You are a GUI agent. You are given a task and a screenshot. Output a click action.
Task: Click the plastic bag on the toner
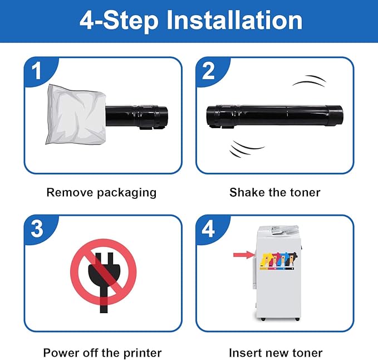point(76,115)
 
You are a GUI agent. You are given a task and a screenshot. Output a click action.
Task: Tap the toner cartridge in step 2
point(274,116)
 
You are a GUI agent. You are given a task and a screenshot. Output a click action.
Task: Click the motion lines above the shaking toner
point(310,81)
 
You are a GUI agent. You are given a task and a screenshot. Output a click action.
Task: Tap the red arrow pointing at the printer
point(244,255)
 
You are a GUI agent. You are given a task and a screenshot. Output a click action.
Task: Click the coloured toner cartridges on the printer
point(278,261)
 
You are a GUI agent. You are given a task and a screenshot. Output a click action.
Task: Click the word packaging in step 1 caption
point(127,193)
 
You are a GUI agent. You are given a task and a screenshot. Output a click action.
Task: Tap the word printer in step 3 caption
point(143,353)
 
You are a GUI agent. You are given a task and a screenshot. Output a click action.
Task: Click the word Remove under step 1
point(70,192)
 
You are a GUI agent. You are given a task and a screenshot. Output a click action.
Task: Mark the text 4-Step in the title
point(119,21)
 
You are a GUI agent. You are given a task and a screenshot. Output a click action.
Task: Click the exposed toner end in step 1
point(137,117)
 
